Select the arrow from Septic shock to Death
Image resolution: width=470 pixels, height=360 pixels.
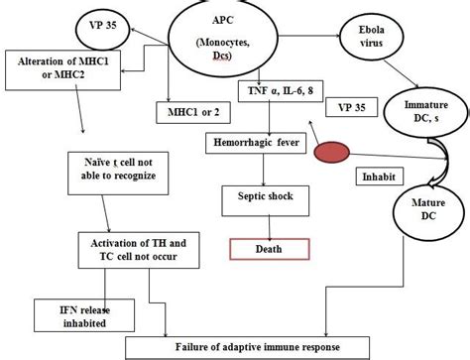(261, 224)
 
